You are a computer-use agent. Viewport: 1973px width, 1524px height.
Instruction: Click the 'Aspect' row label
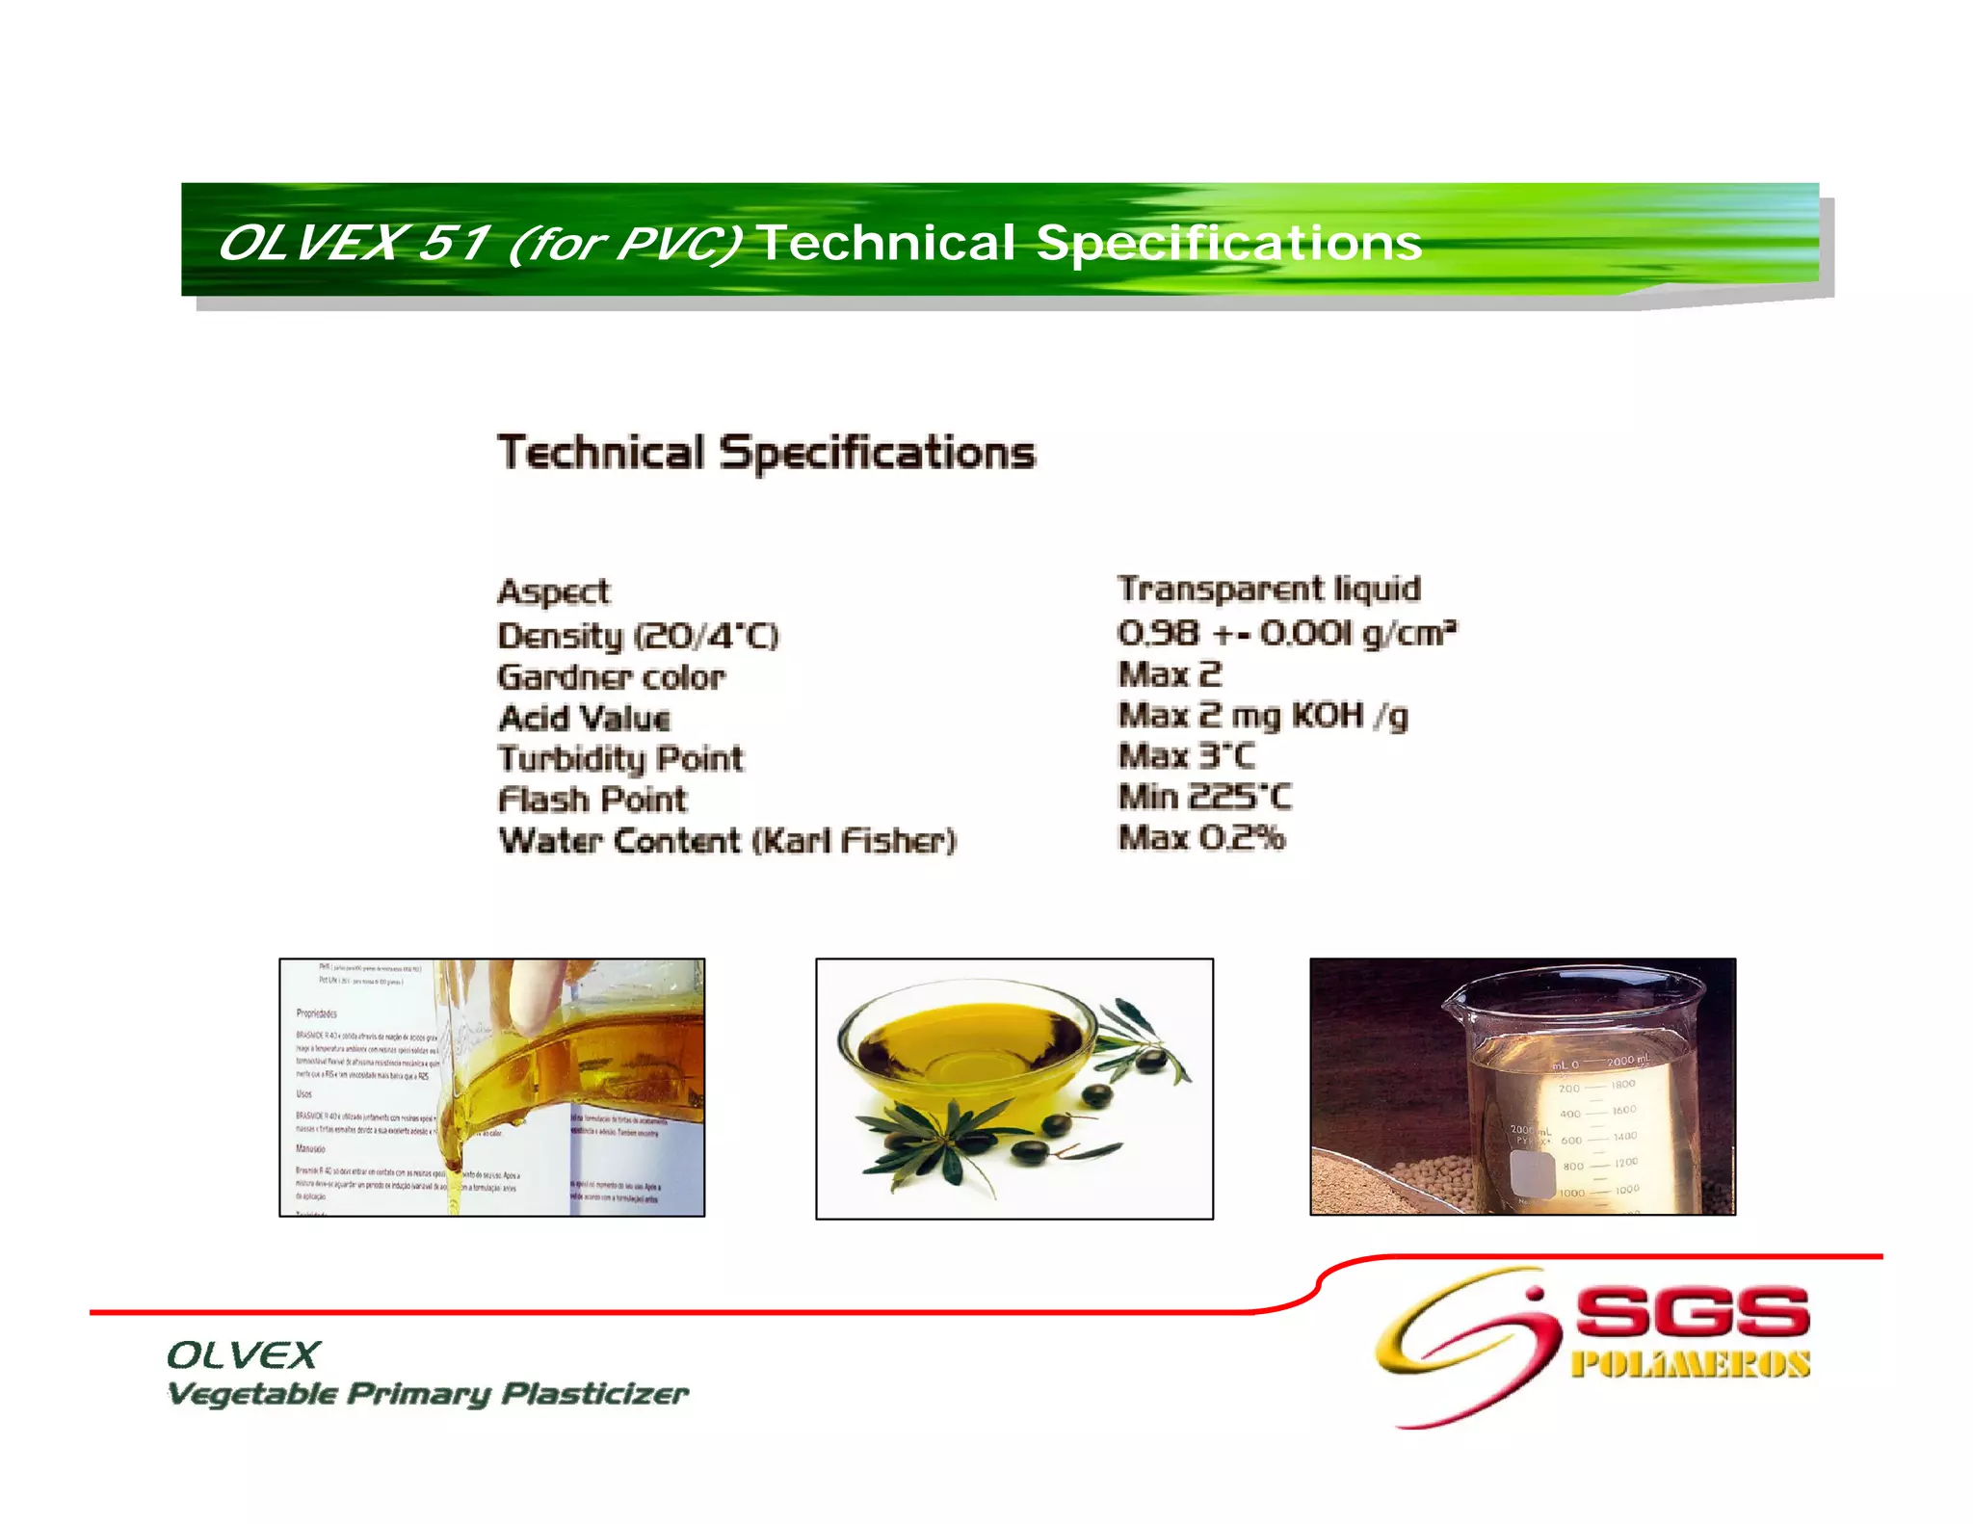tap(554, 591)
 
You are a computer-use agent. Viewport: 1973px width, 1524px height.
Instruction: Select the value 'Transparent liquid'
tap(1269, 589)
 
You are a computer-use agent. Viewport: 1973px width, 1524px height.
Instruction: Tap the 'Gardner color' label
tap(611, 677)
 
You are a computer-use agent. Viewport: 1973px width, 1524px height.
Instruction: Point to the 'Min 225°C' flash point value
tap(1204, 798)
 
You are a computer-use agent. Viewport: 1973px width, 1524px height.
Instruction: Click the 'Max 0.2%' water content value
tap(1201, 838)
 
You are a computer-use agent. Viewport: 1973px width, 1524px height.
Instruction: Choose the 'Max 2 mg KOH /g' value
tap(1263, 717)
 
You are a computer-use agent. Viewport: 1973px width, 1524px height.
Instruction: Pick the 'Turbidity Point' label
tap(620, 759)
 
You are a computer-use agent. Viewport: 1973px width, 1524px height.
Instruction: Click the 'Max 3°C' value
tap(1187, 756)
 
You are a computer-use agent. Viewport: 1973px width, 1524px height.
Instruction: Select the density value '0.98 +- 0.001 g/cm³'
tap(1287, 633)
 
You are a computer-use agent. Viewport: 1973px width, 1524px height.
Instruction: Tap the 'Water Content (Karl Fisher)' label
tap(727, 841)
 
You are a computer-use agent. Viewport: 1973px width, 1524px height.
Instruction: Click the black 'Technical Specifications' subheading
tap(767, 453)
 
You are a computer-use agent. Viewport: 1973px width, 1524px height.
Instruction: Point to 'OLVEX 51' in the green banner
tap(354, 243)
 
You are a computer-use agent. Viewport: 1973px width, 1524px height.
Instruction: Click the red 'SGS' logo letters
tap(1693, 1313)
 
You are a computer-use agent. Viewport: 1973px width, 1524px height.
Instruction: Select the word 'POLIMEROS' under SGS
tap(1691, 1365)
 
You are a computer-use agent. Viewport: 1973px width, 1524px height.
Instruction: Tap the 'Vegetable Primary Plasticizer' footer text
tap(428, 1394)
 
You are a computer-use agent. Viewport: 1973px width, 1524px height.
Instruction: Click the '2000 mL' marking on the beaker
tap(1627, 1061)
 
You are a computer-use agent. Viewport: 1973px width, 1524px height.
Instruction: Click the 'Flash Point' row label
tap(592, 800)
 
